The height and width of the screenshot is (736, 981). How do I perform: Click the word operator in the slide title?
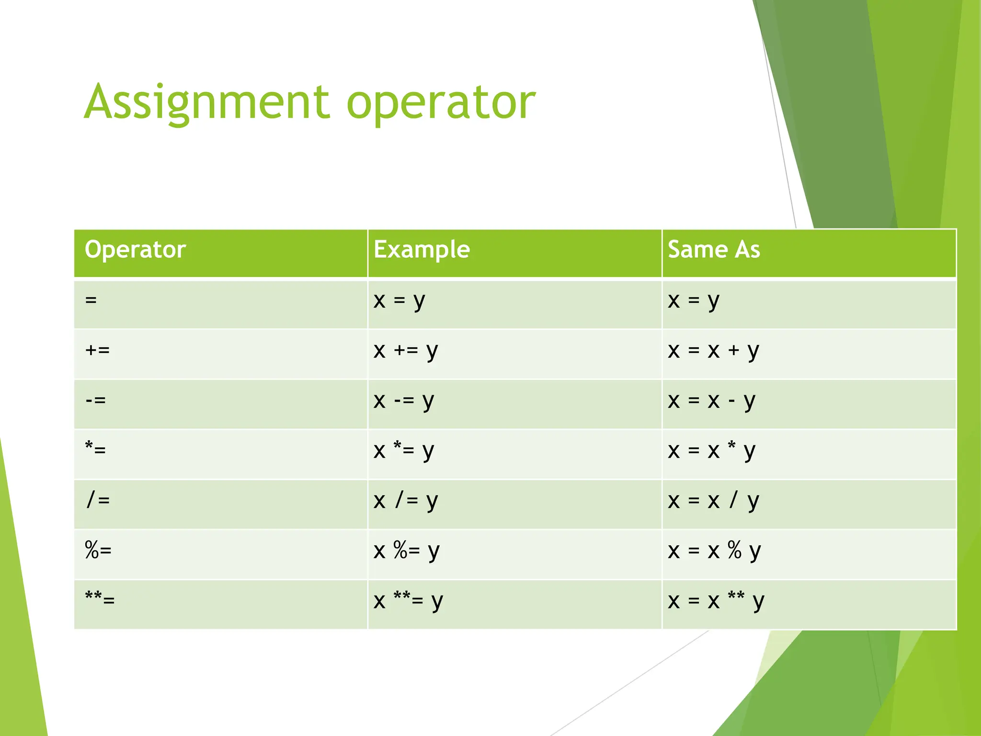tap(441, 102)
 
